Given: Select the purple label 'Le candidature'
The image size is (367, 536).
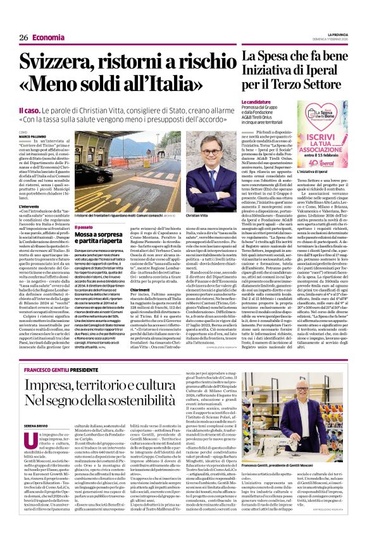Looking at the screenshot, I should point(256,101).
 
